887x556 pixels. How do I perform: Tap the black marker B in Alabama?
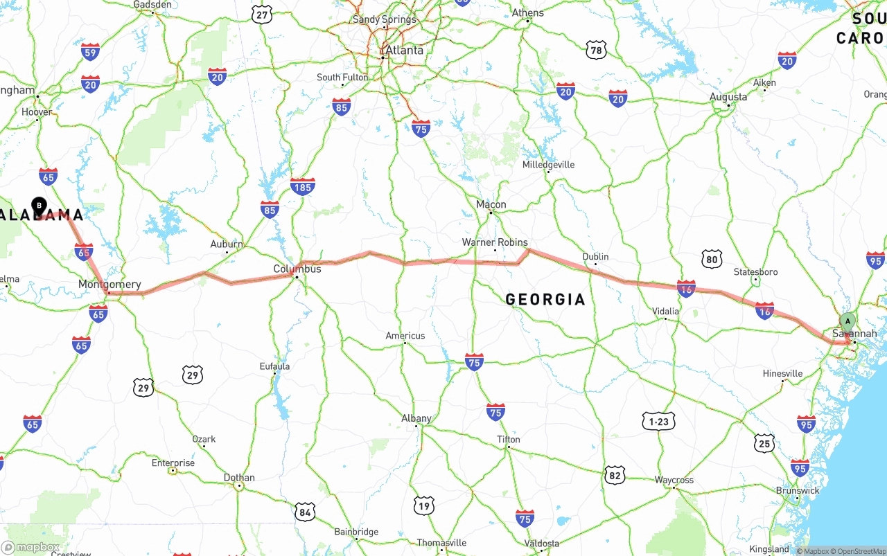(39, 206)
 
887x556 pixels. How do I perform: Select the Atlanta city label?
(404, 51)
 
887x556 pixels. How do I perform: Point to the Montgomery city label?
(109, 284)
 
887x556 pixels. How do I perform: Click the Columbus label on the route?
(297, 269)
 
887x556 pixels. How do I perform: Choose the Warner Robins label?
(495, 242)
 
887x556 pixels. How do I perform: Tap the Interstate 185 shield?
(302, 186)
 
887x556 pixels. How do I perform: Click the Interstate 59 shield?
(90, 51)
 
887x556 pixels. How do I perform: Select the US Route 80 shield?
(712, 260)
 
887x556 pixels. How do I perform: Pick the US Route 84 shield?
(305, 512)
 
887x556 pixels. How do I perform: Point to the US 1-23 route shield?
(658, 421)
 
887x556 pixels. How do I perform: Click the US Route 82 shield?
(614, 475)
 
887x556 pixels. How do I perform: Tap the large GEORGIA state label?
(545, 299)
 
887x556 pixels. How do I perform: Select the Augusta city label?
(728, 97)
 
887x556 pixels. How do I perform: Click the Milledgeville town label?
(548, 165)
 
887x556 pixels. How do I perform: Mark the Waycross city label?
(674, 480)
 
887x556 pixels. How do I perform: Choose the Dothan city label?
(239, 478)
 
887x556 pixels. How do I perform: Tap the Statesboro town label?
(755, 272)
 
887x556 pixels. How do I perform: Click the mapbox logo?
(30, 548)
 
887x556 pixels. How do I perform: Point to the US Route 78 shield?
(596, 50)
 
